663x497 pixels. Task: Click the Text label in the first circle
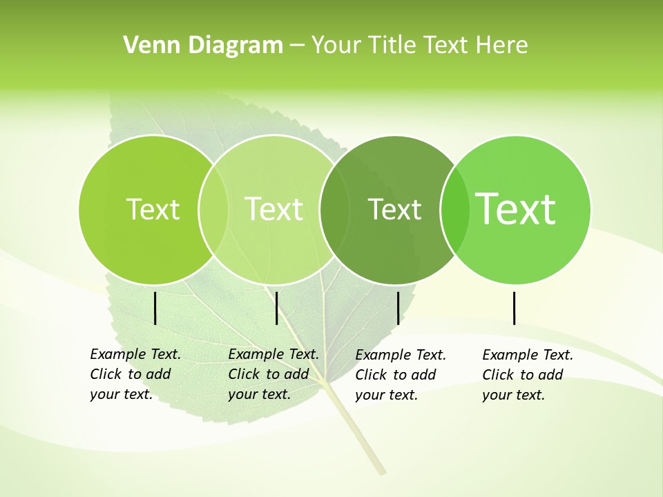click(153, 209)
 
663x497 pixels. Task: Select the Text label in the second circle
click(273, 209)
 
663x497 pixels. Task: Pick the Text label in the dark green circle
click(394, 210)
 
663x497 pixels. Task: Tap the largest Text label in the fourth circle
click(515, 208)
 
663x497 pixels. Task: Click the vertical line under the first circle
click(155, 308)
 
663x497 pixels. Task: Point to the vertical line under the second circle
click(276, 308)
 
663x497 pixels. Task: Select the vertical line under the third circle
click(398, 308)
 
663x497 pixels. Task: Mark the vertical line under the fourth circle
click(515, 308)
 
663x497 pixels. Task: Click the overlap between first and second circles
click(213, 209)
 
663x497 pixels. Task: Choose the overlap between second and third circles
click(334, 209)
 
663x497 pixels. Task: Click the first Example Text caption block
click(135, 374)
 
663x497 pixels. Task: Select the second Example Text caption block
click(273, 374)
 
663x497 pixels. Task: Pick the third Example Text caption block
click(400, 375)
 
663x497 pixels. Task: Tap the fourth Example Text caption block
click(527, 375)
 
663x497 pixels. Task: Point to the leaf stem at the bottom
click(359, 435)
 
